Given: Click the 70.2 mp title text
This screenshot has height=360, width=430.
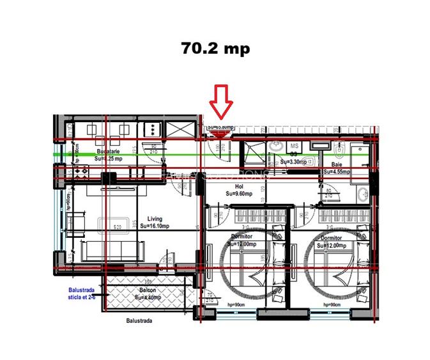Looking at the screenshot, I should point(215,49).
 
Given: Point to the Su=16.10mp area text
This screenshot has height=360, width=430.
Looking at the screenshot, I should point(154,225).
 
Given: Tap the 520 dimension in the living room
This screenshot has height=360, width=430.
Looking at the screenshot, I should point(118,226).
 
